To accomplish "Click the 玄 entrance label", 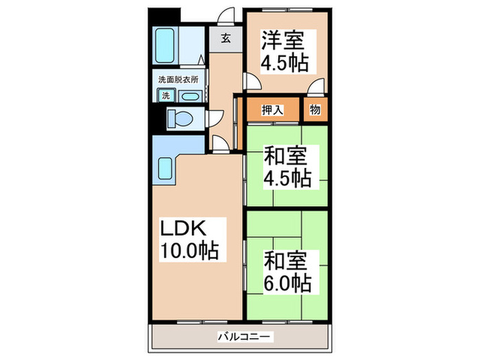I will [226, 38].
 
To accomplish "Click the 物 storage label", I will [315, 110].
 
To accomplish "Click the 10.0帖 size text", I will [189, 252].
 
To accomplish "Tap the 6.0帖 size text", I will [287, 281].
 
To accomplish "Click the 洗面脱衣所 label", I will [178, 80].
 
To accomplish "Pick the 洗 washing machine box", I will [165, 96].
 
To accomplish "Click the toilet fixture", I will [181, 118].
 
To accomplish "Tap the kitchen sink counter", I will [165, 167].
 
